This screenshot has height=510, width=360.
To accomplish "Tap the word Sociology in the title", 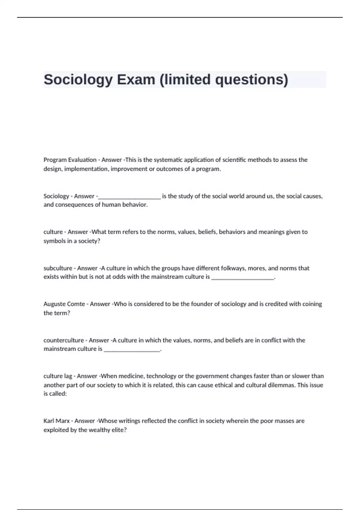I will click(x=78, y=79).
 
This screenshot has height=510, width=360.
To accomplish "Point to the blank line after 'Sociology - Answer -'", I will click(x=130, y=197).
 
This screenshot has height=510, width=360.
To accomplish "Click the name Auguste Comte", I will click(x=64, y=304).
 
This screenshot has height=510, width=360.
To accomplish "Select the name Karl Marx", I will click(x=56, y=421).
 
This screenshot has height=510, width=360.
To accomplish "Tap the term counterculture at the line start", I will click(x=64, y=340).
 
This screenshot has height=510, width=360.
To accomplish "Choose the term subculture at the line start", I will click(x=58, y=268).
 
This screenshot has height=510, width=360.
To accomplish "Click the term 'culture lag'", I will click(x=58, y=376).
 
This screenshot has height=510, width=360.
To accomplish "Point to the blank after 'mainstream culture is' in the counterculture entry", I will click(x=132, y=350).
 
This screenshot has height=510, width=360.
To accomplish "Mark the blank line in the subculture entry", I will click(x=243, y=278).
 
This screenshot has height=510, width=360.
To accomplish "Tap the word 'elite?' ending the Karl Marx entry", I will click(x=119, y=430).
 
